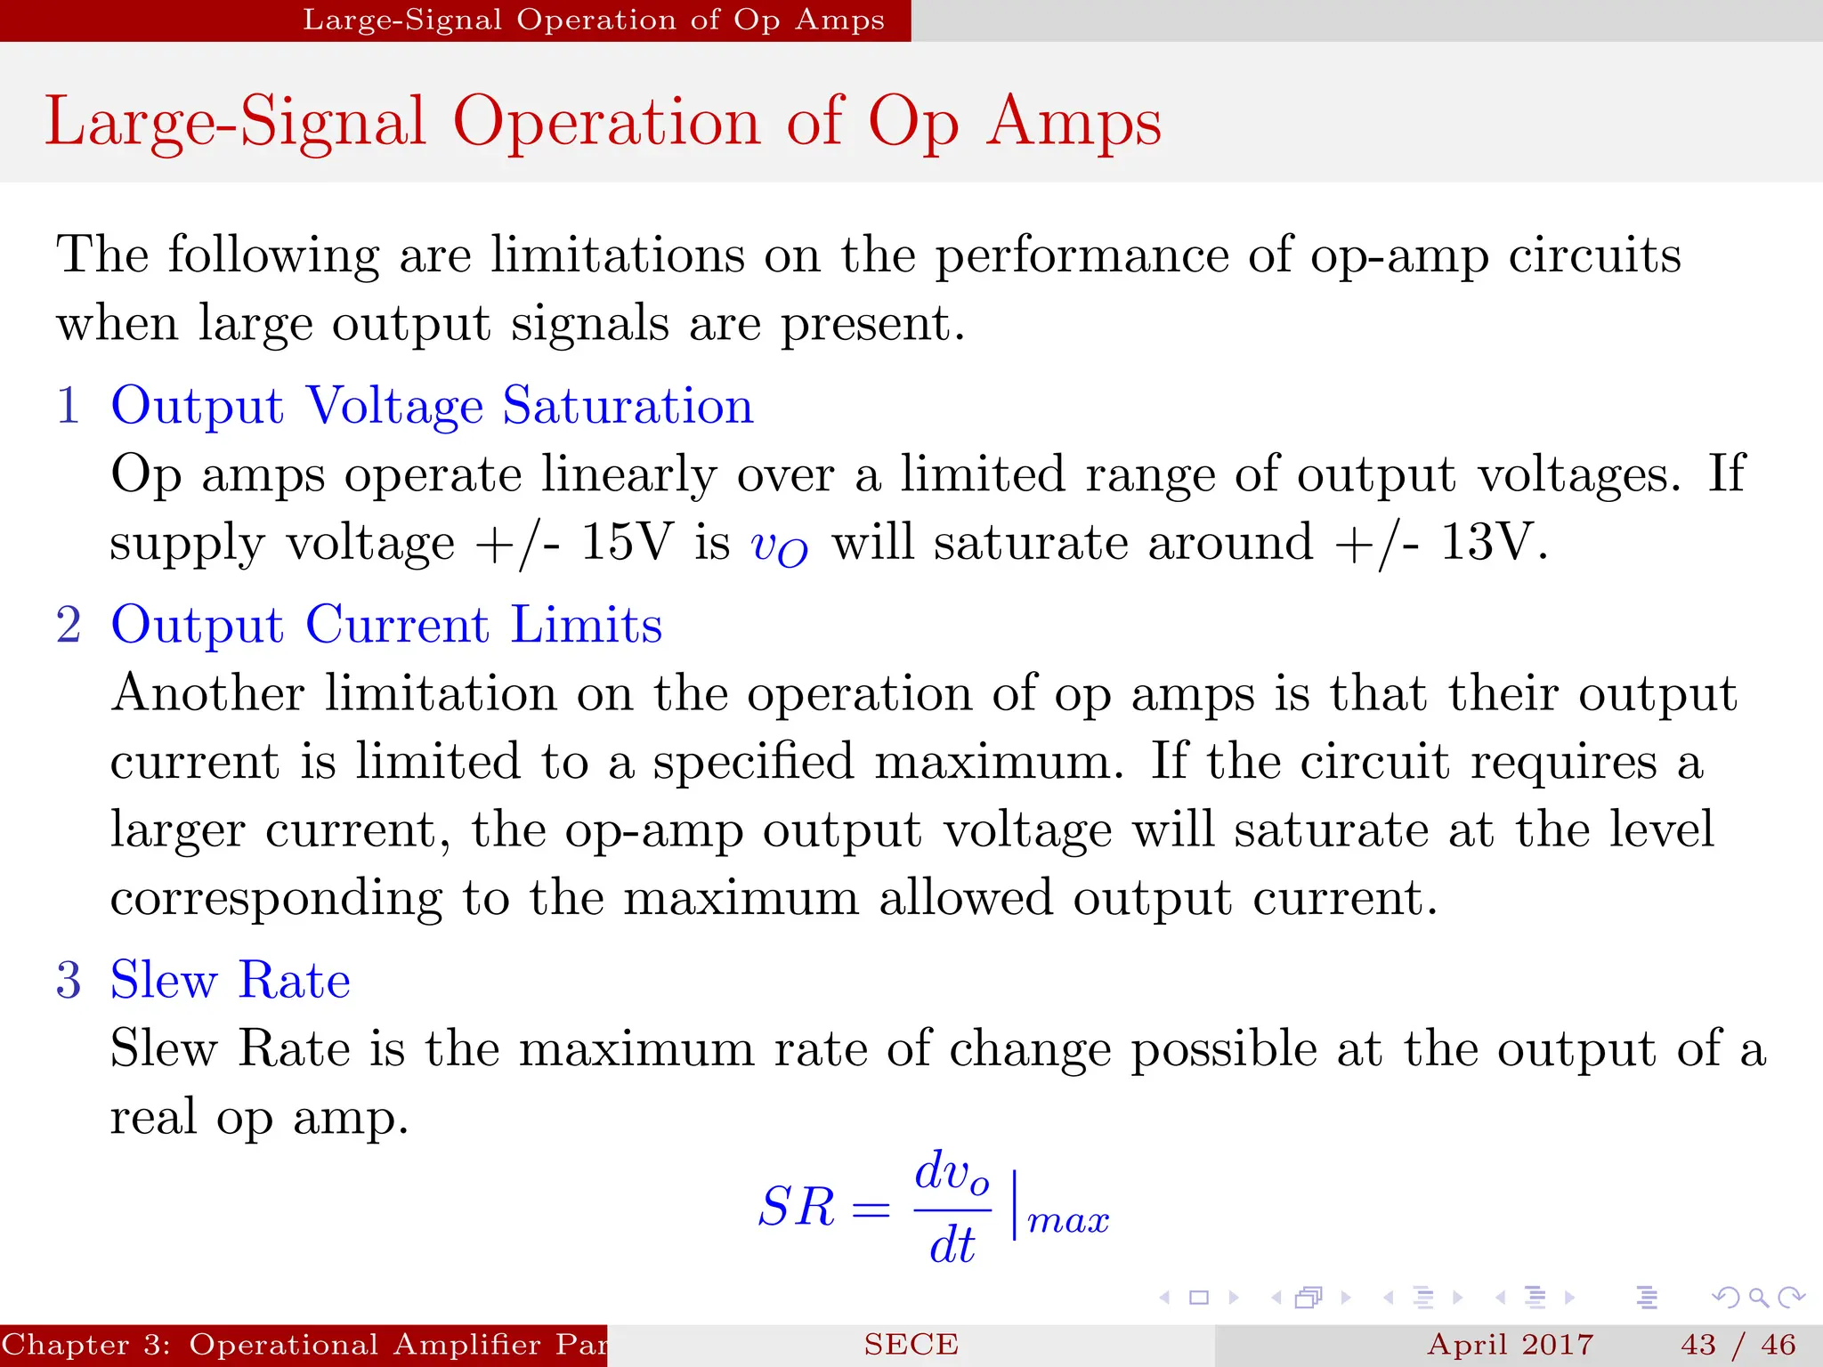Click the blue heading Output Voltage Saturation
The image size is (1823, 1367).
[x=432, y=406]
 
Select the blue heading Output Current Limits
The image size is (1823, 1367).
[x=386, y=625]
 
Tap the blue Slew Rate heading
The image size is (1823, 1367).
[x=230, y=981]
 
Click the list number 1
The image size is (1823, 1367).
[x=69, y=406]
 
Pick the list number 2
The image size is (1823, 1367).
[x=69, y=625]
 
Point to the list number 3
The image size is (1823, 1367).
[x=69, y=981]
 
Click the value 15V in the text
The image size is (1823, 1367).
[x=627, y=541]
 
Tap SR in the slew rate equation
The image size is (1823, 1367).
[x=797, y=1208]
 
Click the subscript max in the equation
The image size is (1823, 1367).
[x=1068, y=1221]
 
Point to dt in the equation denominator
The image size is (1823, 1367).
[x=952, y=1245]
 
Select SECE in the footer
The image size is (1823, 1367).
[x=911, y=1345]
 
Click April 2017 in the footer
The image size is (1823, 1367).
[x=1510, y=1345]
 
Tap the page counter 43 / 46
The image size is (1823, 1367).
[x=1738, y=1345]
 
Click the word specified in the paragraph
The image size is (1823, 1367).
[x=753, y=763]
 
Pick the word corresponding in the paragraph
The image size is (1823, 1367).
[x=276, y=899]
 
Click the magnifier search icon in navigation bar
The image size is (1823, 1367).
[x=1758, y=1298]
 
